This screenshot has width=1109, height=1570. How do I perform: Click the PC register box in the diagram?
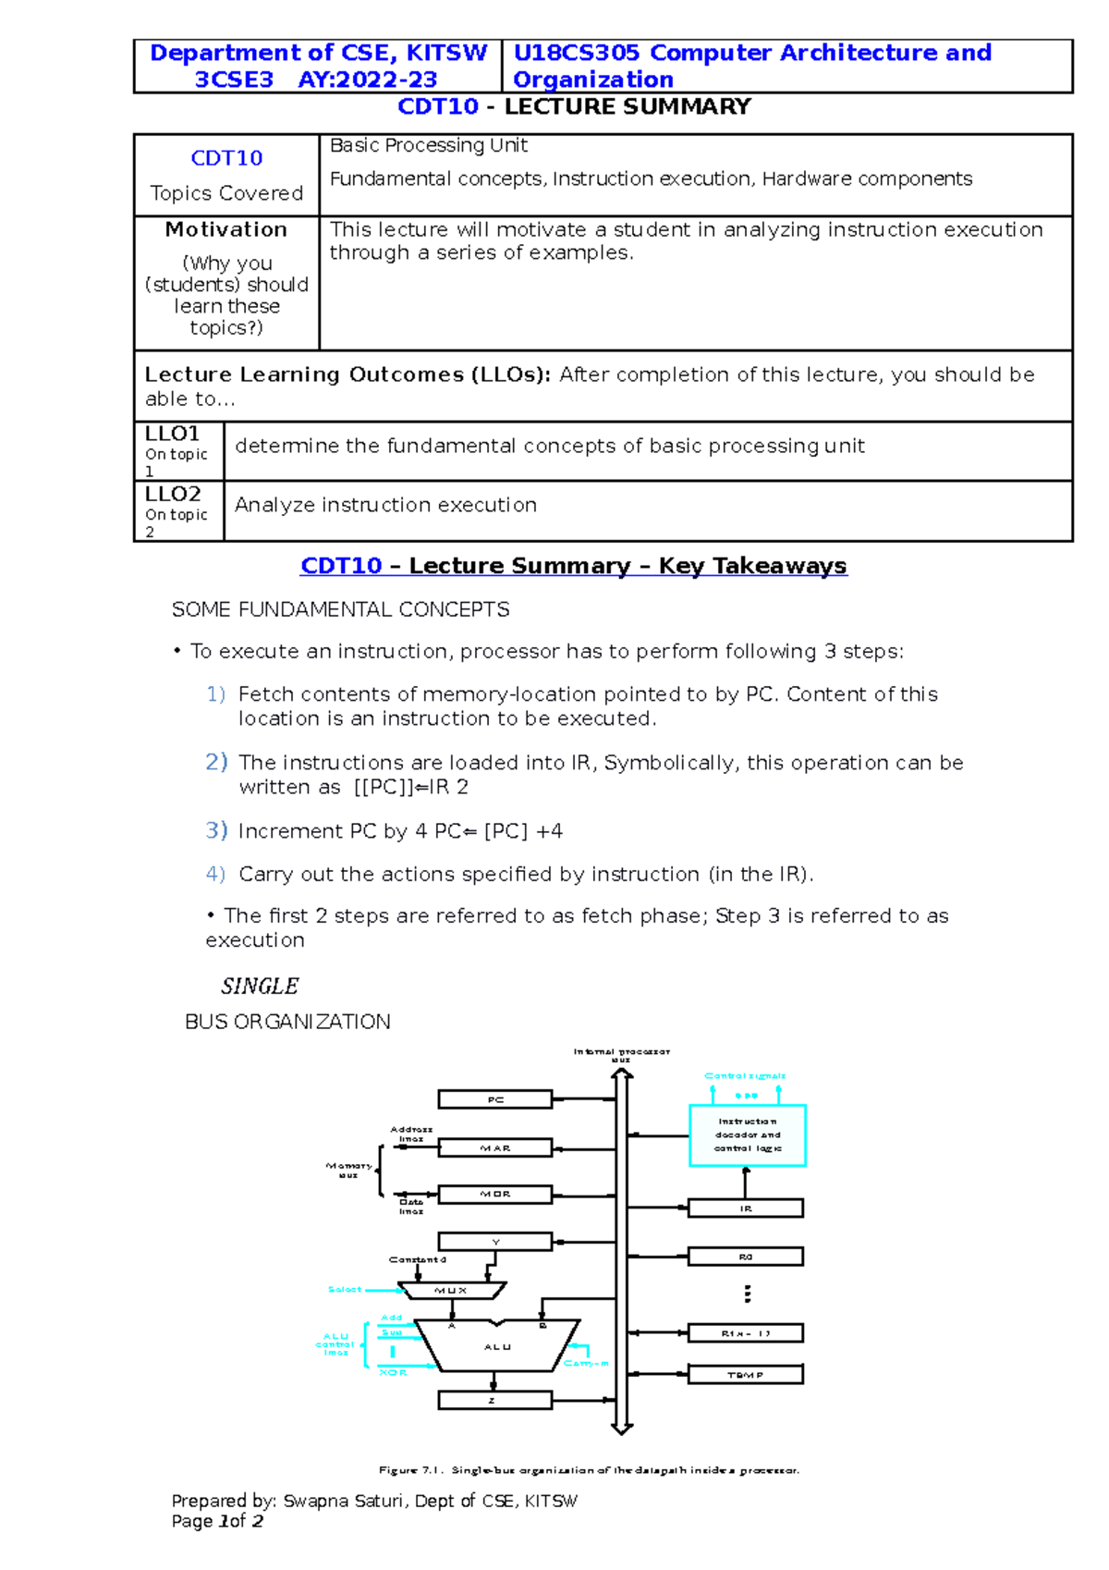tap(494, 1099)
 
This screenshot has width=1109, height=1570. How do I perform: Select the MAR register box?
tap(494, 1147)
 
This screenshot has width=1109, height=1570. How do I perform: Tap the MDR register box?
tap(494, 1194)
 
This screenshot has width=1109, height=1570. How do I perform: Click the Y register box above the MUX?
tap(494, 1242)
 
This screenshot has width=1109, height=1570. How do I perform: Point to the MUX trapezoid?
tap(452, 1290)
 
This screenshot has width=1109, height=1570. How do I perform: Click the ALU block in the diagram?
tap(497, 1346)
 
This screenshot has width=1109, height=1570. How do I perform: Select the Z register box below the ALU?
tap(494, 1401)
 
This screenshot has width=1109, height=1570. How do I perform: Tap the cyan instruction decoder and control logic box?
tap(748, 1135)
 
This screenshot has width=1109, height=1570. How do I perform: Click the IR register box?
tap(746, 1208)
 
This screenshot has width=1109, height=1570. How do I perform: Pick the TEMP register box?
tap(746, 1375)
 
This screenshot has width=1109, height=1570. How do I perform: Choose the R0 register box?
tap(746, 1257)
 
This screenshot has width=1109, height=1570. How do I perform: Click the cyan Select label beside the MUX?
tap(345, 1289)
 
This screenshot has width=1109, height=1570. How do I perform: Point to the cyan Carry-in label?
tap(586, 1363)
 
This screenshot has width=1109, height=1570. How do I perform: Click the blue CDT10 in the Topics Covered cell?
tap(226, 158)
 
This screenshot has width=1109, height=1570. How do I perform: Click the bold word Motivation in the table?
tap(226, 229)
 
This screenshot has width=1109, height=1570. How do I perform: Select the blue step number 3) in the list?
tap(216, 830)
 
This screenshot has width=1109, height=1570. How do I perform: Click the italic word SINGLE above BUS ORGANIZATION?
tap(260, 987)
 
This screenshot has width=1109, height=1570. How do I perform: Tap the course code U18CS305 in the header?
tap(576, 53)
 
